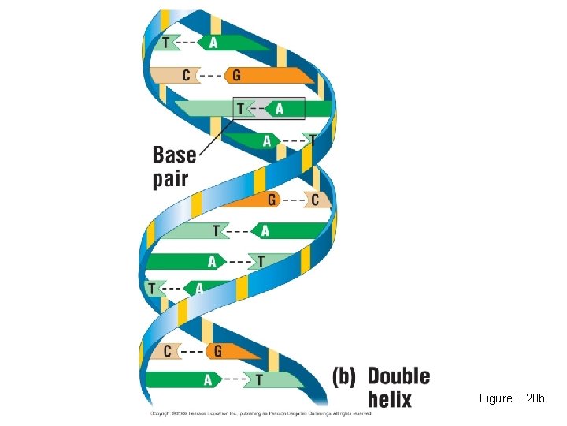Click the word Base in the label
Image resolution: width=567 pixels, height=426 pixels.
pyautogui.click(x=174, y=155)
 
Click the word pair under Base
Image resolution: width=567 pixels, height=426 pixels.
pyautogui.click(x=171, y=178)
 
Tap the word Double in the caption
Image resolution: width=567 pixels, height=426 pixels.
pyautogui.click(x=398, y=376)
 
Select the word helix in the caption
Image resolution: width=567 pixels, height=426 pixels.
pyautogui.click(x=390, y=398)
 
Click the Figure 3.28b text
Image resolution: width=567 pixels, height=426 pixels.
pyautogui.click(x=512, y=398)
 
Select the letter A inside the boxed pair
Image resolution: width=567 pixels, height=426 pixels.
pyautogui.click(x=279, y=108)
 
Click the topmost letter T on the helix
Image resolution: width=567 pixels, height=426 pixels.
pyautogui.click(x=166, y=42)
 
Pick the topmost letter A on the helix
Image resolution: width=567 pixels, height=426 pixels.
pyautogui.click(x=213, y=42)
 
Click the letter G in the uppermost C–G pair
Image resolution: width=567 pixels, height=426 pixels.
pyautogui.click(x=235, y=75)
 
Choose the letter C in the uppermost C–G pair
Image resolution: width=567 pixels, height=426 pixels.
pyautogui.click(x=187, y=75)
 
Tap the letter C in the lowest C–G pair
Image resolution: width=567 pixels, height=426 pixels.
pyautogui.click(x=168, y=350)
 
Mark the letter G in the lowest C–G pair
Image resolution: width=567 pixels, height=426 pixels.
pyautogui.click(x=217, y=350)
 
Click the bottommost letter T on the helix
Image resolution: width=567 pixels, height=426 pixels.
pyautogui.click(x=259, y=379)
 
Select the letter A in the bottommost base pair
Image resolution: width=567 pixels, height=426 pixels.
pyautogui.click(x=208, y=379)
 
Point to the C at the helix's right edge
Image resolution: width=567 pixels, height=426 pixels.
pyautogui.click(x=315, y=200)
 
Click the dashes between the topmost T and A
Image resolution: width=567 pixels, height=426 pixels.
pyautogui.click(x=189, y=42)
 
